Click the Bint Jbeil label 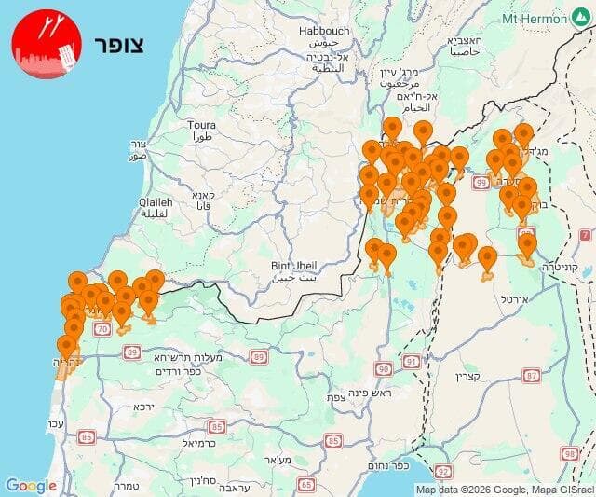pos(294,265)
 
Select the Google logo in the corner pos(31,486)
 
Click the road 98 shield pos(569,453)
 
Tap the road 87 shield pos(532,376)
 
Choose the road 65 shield pos(306,484)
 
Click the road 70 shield pos(102,329)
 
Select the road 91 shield pos(411,361)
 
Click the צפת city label pos(336,396)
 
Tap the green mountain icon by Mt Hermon pos(581,18)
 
